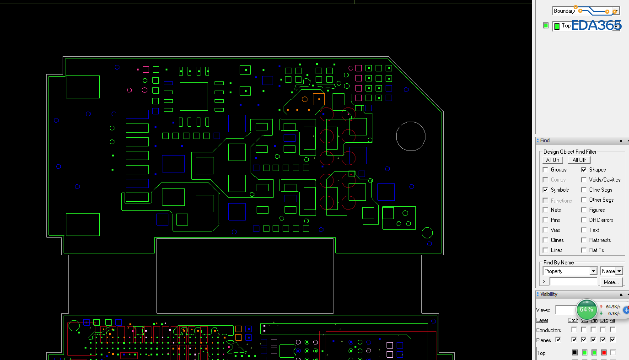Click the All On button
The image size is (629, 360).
[x=553, y=160]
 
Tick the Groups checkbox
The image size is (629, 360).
[x=545, y=170]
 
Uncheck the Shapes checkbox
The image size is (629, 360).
[x=584, y=170]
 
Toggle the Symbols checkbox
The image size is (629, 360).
[x=545, y=190]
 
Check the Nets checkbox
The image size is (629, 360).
[x=545, y=210]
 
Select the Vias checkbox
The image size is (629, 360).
[x=545, y=230]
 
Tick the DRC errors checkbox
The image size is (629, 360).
[x=584, y=220]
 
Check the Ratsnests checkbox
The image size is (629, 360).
[x=584, y=240]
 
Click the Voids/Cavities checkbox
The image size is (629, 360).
[x=584, y=180]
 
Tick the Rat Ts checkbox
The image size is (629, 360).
[x=584, y=250]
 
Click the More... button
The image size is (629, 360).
[x=611, y=282]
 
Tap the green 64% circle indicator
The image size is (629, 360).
[x=586, y=310]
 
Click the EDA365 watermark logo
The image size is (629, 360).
[x=596, y=26]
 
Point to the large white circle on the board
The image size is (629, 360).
[x=411, y=136]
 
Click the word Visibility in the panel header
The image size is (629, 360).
[x=549, y=295]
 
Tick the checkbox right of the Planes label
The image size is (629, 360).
[x=558, y=340]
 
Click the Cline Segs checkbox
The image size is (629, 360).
[x=584, y=190]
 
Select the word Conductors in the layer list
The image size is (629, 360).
[x=548, y=330]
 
